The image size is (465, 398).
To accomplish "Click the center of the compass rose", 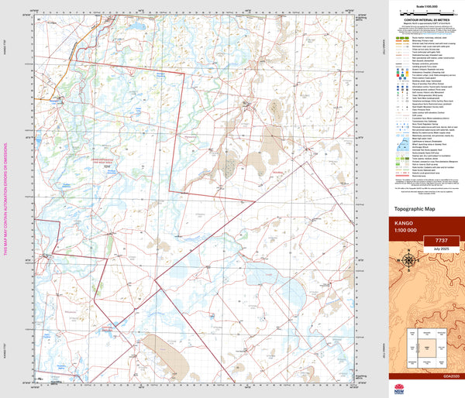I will point(408,262).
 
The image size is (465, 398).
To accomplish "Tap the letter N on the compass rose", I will point(408,251).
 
